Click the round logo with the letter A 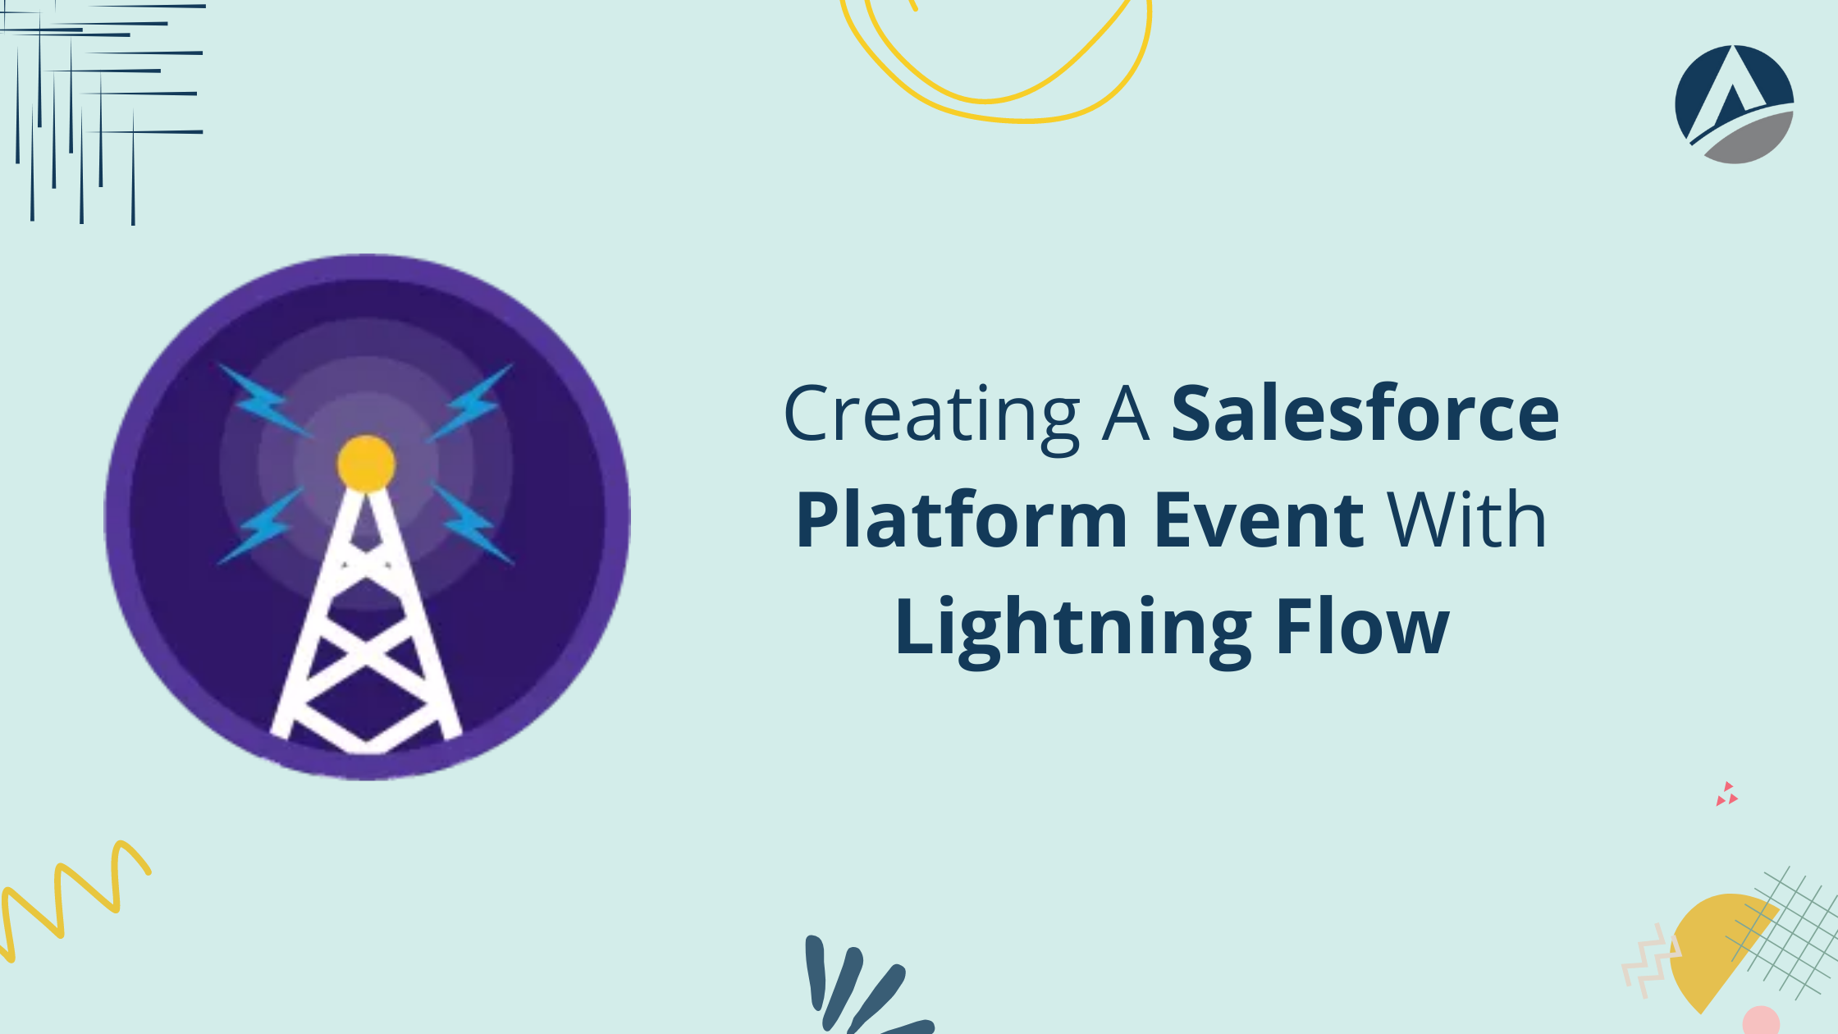coord(1735,104)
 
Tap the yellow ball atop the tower coord(366,464)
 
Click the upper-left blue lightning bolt coord(264,400)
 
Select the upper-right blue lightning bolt coord(470,401)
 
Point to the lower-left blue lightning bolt coord(261,525)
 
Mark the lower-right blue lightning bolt coord(472,523)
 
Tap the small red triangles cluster coord(1726,794)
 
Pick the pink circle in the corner coord(1761,1021)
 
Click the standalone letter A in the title coord(1125,415)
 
